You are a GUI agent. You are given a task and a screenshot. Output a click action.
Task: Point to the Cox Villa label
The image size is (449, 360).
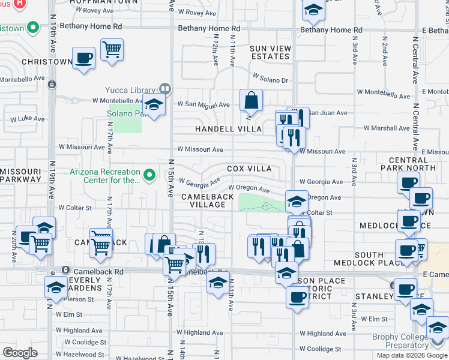249,169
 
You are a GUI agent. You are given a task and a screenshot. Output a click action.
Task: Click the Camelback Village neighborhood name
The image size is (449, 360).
203,200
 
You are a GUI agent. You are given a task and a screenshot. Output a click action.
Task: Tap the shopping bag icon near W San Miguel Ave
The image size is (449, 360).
251,101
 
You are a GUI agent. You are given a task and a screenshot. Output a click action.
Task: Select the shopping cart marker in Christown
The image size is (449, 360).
112,50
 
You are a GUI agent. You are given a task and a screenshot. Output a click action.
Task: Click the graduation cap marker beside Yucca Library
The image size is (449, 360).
154,105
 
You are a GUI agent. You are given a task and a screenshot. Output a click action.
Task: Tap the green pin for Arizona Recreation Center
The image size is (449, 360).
151,176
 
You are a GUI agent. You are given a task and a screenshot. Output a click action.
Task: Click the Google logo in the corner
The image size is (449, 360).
20,353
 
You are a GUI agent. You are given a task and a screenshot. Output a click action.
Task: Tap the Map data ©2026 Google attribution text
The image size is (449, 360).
412,355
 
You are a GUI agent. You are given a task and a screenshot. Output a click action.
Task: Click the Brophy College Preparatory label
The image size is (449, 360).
400,341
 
